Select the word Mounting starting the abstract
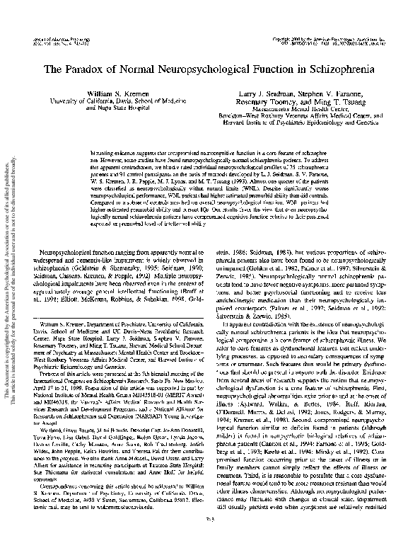(105, 153)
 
